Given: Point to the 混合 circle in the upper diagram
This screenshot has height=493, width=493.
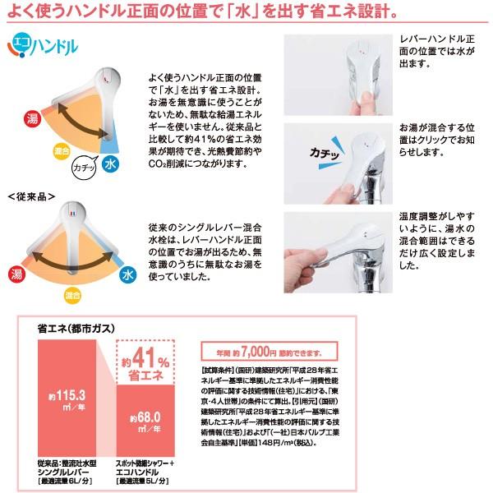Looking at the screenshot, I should tap(60, 152).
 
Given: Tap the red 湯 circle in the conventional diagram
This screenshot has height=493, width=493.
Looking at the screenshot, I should tap(16, 274).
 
